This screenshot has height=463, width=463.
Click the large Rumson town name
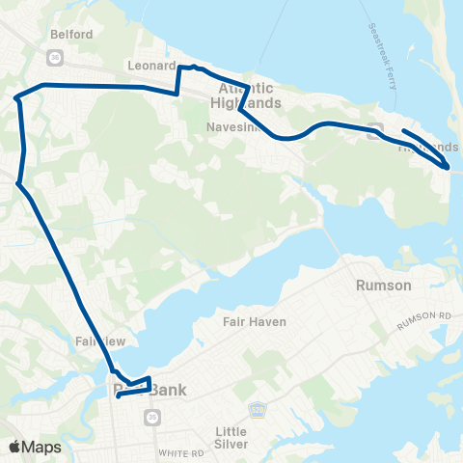click(384, 286)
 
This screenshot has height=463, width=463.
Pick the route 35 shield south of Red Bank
click(151, 417)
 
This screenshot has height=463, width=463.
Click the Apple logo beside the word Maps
click(15, 446)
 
